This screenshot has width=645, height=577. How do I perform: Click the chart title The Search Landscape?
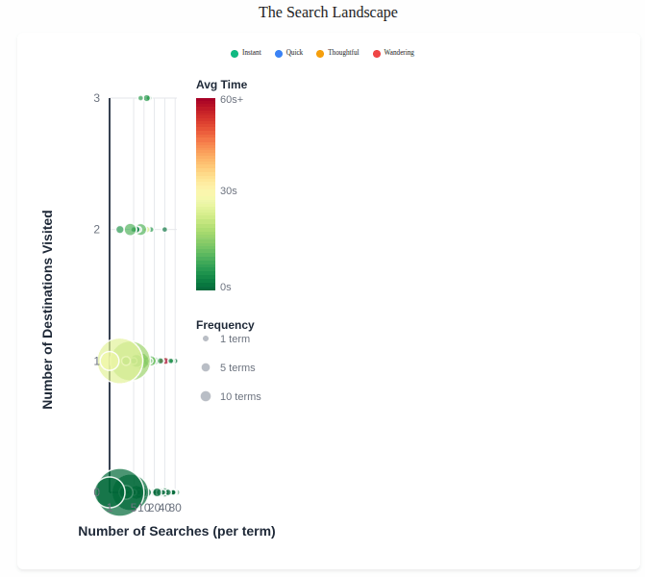[328, 13]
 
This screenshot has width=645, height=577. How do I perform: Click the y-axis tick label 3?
[96, 98]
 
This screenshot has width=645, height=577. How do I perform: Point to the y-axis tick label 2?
[96, 229]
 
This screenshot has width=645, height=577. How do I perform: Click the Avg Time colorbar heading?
[221, 85]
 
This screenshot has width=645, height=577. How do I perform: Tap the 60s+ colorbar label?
[232, 99]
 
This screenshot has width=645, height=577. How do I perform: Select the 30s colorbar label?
[229, 190]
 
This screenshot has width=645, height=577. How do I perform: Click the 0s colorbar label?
[226, 287]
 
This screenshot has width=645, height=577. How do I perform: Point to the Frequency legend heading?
[225, 325]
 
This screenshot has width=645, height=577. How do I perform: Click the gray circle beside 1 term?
[206, 339]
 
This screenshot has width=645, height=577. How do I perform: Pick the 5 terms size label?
[237, 367]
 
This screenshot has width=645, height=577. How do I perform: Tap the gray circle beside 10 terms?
[206, 396]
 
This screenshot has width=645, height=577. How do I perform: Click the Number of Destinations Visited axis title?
[48, 310]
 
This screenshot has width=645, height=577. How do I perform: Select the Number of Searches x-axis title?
[177, 531]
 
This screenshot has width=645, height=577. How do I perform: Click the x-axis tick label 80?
[175, 507]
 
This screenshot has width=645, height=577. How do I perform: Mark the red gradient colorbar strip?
[205, 192]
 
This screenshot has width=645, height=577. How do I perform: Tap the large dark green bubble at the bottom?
[119, 491]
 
